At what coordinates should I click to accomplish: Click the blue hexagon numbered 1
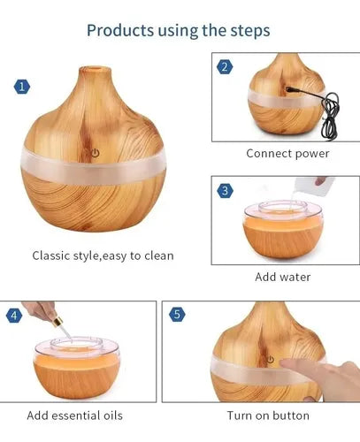tap(22, 87)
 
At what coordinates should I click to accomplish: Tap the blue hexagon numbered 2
tap(225, 67)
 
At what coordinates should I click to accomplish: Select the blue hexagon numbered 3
tap(225, 191)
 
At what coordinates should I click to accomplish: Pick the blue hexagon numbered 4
tap(14, 316)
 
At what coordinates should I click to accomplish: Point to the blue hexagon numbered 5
tap(177, 314)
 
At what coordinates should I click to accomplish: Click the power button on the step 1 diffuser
tap(95, 153)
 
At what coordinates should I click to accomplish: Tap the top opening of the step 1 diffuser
tap(95, 71)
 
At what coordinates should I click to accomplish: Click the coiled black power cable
tap(330, 117)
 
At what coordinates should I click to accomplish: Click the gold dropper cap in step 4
tap(57, 322)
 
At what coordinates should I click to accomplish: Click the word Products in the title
tap(120, 30)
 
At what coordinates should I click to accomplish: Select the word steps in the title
tap(250, 31)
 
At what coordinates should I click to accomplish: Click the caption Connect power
tap(287, 154)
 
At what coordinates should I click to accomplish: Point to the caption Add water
tap(283, 277)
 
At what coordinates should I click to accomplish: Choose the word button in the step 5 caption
tap(291, 415)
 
